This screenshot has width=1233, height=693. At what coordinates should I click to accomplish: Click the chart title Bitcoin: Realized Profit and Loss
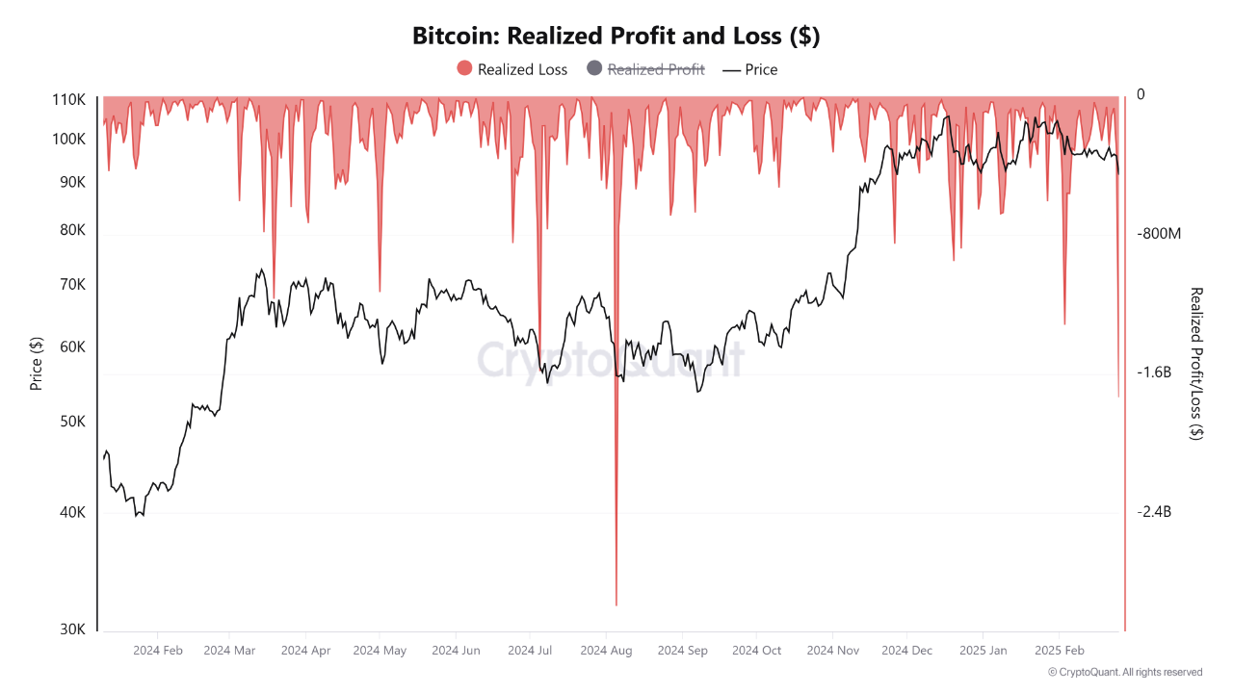point(616,36)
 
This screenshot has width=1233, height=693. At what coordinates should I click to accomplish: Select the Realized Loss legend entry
point(512,69)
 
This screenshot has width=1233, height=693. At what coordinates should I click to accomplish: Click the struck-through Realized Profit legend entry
point(645,69)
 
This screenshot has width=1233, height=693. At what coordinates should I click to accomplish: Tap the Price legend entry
point(749,69)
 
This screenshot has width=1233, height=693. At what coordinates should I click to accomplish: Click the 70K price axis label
point(71,285)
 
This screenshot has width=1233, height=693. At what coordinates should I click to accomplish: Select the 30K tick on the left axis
point(71,629)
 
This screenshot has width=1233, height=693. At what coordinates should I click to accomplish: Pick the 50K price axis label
point(71,423)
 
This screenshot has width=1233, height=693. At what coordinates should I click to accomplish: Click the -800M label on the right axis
point(1159,234)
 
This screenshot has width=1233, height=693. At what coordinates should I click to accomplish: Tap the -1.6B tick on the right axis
point(1154,372)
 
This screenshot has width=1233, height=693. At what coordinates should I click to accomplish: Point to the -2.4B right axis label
point(1154,512)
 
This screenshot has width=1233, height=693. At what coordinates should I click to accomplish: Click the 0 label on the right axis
point(1141,94)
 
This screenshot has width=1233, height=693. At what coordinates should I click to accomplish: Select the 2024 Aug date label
point(606,651)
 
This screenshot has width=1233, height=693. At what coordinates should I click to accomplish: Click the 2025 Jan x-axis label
point(984,651)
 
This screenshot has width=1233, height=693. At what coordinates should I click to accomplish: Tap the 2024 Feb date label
point(158,651)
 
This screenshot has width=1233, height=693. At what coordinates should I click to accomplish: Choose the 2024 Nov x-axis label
point(832,651)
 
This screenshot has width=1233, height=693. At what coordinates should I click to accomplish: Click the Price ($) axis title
point(37,364)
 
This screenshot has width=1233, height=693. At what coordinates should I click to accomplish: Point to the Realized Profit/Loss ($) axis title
point(1196,364)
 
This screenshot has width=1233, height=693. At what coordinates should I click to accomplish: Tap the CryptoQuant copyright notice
point(1125,672)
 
